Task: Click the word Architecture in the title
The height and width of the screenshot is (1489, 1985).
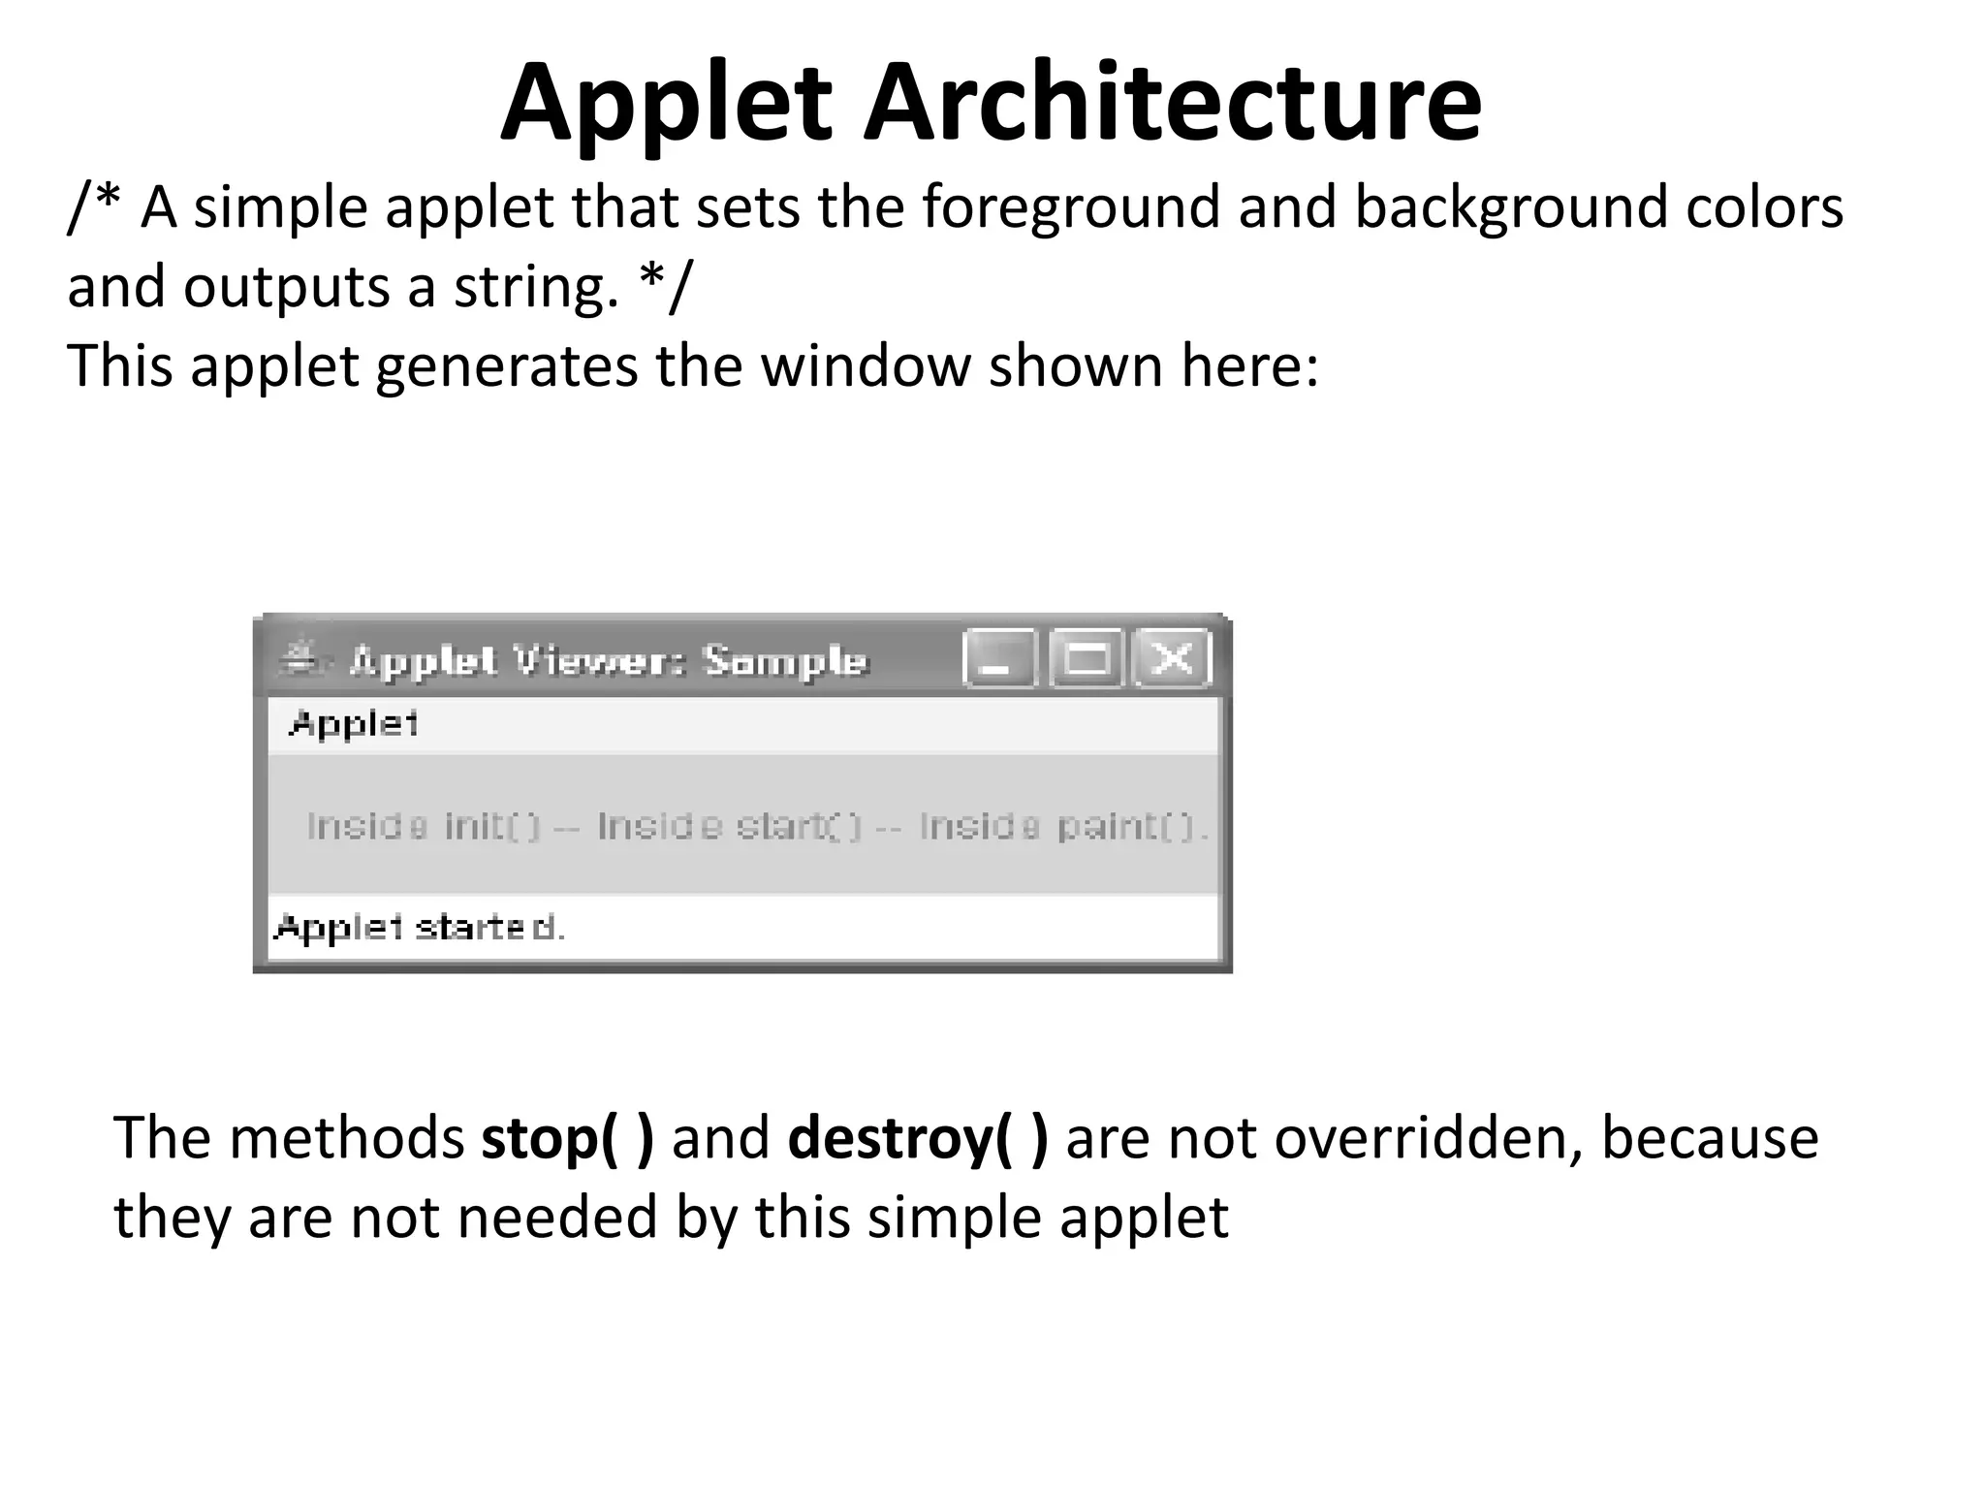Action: pos(1172,102)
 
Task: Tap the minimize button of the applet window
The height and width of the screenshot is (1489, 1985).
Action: pos(998,659)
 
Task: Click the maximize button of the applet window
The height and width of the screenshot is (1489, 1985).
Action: pos(1086,659)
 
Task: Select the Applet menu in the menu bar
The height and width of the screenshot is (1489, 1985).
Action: pos(354,724)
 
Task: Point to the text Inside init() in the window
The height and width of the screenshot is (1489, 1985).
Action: pos(423,827)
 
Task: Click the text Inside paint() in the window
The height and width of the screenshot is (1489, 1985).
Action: pos(1062,827)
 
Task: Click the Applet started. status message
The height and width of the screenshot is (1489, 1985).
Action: pos(420,929)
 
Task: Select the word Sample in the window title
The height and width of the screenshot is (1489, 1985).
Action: pos(784,661)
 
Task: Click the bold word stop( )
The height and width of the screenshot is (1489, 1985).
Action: pos(567,1138)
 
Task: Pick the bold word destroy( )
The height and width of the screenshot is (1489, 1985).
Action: pos(917,1138)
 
